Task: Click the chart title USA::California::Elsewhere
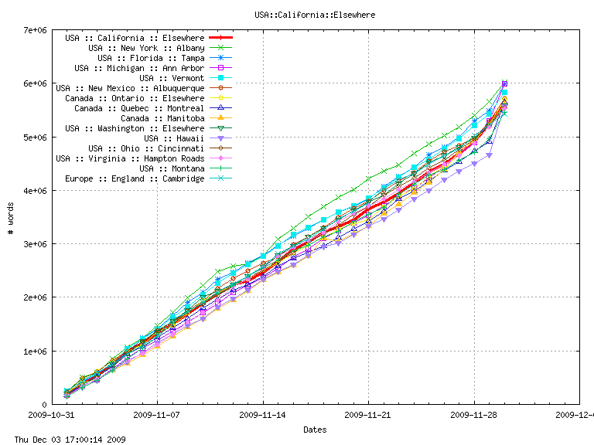(x=315, y=14)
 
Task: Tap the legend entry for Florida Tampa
(x=151, y=58)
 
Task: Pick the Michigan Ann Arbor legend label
(x=139, y=68)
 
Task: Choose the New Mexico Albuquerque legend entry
(x=130, y=88)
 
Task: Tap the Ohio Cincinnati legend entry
(x=146, y=148)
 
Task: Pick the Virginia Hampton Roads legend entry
(x=130, y=158)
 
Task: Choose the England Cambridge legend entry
(x=135, y=178)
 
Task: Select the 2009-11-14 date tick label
(x=263, y=415)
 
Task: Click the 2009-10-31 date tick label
(x=51, y=415)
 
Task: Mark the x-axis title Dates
(x=315, y=430)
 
